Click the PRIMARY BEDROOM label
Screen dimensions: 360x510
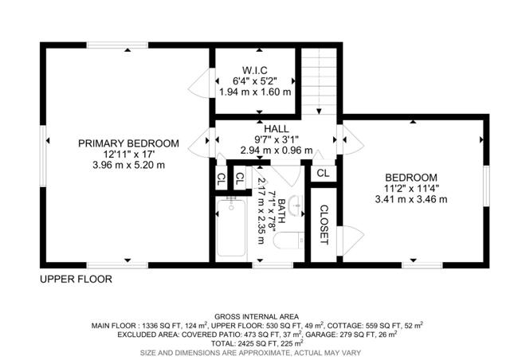(128, 143)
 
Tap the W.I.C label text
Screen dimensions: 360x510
(254, 68)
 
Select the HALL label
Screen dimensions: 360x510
(277, 127)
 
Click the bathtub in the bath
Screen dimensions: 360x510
(231, 227)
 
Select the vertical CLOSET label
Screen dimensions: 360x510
(324, 225)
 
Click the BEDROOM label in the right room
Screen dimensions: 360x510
(411, 178)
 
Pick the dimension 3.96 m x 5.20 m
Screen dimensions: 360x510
(128, 166)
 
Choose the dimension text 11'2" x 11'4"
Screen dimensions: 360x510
(411, 189)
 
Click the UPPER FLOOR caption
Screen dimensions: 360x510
(76, 280)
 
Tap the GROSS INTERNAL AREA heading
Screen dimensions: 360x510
(255, 316)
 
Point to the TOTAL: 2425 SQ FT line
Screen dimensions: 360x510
(255, 343)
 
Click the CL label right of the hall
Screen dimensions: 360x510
(323, 173)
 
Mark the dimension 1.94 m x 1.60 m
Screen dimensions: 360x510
(254, 92)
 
